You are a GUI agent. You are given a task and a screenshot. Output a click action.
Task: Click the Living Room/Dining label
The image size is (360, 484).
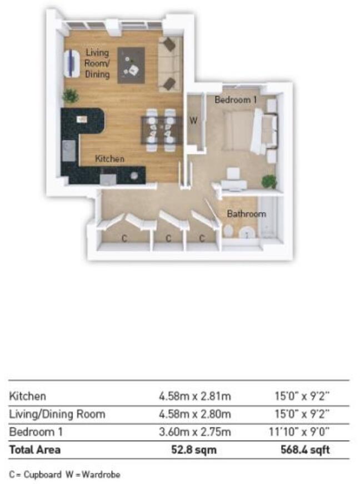97,63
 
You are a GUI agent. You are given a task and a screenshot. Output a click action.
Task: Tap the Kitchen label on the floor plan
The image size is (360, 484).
109,159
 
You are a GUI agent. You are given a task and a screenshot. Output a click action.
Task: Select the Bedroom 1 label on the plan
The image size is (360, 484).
236,100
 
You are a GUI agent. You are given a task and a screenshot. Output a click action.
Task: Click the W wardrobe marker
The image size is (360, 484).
194,121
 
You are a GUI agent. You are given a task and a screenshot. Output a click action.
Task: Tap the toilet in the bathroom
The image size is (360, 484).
229,232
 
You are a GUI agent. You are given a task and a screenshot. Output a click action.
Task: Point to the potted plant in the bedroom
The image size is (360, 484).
269,181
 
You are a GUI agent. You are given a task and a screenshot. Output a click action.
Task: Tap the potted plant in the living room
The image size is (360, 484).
71,96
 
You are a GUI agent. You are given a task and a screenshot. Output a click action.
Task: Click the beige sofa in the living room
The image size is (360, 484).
168,64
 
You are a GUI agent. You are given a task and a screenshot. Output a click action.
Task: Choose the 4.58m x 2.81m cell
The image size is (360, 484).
194,397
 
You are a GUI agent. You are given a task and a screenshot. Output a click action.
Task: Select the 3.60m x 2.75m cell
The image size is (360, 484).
194,432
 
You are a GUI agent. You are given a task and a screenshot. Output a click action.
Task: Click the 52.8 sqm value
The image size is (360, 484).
194,450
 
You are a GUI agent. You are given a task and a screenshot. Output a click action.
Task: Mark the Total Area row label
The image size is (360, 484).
34,450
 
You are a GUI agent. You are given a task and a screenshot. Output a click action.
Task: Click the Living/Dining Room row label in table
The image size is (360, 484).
57,415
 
